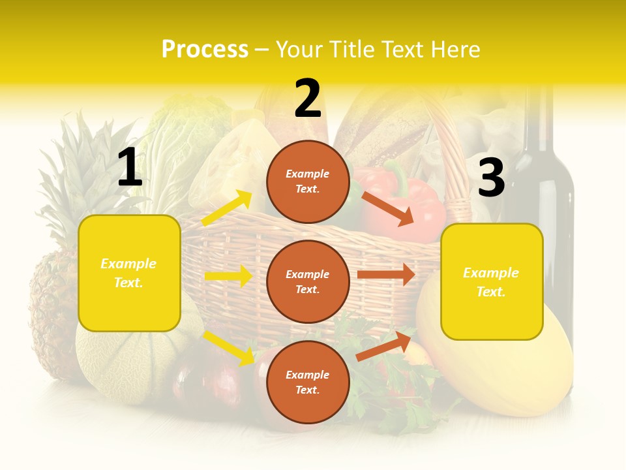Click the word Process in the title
click(205, 49)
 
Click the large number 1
click(130, 167)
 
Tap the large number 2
click(308, 99)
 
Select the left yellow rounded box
click(129, 273)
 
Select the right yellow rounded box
click(492, 282)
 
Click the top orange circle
click(308, 181)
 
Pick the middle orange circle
click(308, 281)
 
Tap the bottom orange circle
click(308, 382)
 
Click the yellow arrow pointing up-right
click(227, 208)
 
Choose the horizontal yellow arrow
click(228, 276)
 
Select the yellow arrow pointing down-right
click(229, 348)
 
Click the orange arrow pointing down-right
click(387, 208)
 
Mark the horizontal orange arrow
click(386, 275)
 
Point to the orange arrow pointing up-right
click(383, 346)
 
